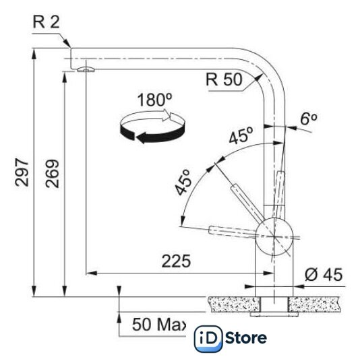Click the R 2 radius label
pos(47,22)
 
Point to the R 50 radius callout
pos(224,79)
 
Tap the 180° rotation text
pos(154,100)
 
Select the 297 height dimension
pos(22,172)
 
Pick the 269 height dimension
pos(53,173)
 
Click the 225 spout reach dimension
pos(176,261)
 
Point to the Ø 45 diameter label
pos(324,275)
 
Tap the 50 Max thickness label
pos(159,325)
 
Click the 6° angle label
pos(309,119)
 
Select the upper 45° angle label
pos(241,135)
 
